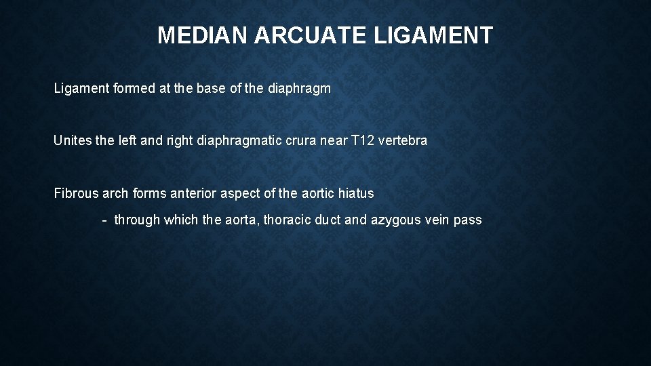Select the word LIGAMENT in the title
434,35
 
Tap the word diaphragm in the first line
300,89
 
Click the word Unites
72,141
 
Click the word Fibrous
76,193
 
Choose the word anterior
193,193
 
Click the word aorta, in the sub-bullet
241,220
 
